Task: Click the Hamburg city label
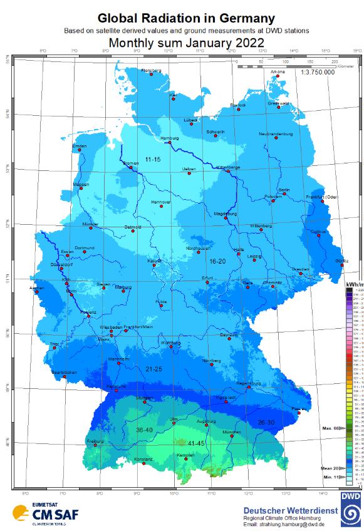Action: [170, 138]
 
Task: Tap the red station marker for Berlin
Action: [284, 193]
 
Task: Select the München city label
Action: [232, 432]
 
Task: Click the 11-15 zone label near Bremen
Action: [153, 160]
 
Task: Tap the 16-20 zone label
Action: [217, 260]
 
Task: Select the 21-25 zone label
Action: [153, 369]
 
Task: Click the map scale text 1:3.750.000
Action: [318, 72]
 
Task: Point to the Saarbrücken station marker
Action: [65, 378]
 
